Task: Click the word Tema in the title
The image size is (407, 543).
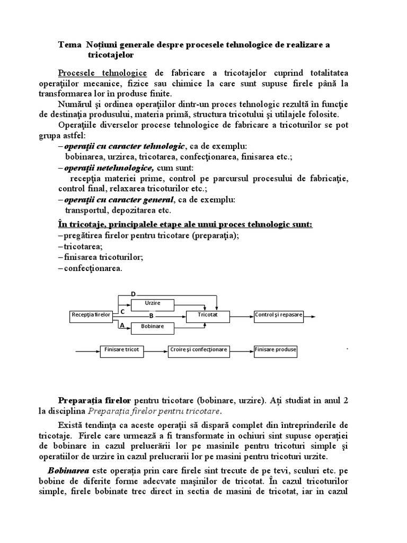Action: tap(68, 45)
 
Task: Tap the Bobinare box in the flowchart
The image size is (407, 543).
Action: tap(152, 327)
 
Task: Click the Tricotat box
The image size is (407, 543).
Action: tap(208, 315)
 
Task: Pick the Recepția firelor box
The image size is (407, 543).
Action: tap(91, 315)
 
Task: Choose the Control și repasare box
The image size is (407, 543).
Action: tap(279, 315)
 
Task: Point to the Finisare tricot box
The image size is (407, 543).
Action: tap(122, 350)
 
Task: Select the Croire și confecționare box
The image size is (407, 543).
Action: tap(199, 350)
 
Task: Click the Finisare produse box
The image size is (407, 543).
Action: tap(276, 350)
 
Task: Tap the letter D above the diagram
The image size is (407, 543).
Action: tap(134, 294)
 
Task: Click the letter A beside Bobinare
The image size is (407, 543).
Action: tap(122, 326)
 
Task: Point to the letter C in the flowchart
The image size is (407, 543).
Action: tap(122, 311)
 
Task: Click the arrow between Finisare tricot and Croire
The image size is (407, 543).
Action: tap(157, 351)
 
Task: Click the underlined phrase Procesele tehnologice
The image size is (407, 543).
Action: tap(102, 73)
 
